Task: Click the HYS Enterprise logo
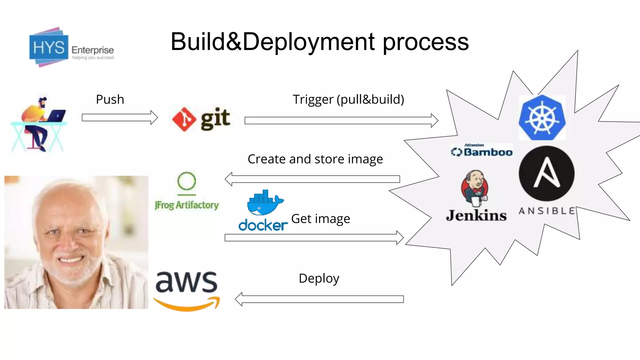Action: (71, 47)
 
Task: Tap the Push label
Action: (110, 99)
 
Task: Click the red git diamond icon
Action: (184, 119)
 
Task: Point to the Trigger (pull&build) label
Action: (348, 99)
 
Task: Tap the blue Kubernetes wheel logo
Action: (542, 118)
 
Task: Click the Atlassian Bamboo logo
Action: (482, 151)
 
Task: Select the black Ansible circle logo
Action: (547, 173)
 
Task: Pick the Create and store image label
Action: (315, 159)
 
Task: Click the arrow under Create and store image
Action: (312, 179)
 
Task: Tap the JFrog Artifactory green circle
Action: (187, 181)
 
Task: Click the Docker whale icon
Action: (264, 203)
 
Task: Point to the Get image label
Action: (321, 219)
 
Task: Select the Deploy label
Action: (319, 278)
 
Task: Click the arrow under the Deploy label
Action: (319, 299)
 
